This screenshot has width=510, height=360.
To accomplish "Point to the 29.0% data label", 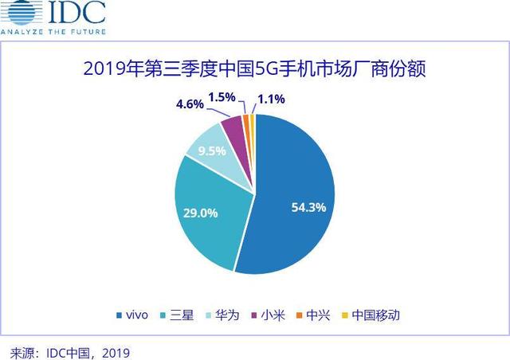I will [205, 213].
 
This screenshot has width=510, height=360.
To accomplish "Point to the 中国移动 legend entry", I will [375, 315].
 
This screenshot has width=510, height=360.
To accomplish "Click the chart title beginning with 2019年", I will [255, 69].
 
